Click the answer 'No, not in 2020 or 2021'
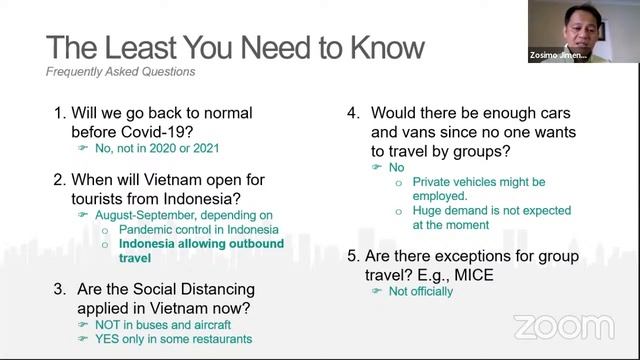click(x=163, y=149)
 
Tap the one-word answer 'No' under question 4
click(x=396, y=168)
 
